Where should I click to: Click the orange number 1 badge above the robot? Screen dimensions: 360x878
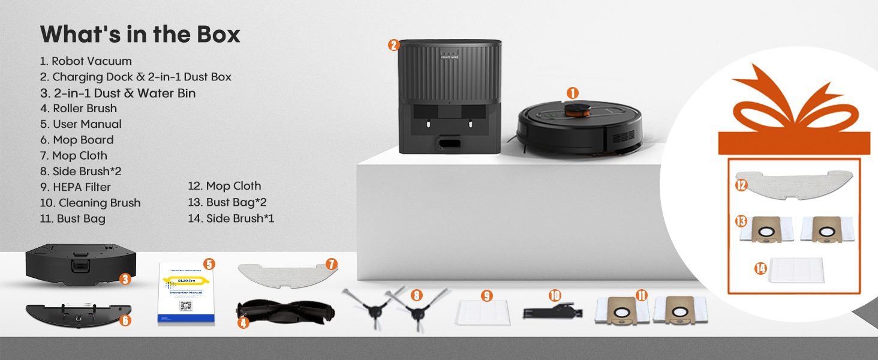[572, 93]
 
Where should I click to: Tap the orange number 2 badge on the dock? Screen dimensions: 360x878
[393, 44]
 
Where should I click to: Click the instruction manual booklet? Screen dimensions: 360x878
[186, 294]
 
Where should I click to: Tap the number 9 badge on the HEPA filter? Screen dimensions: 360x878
[486, 295]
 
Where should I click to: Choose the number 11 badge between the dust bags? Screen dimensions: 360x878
[642, 295]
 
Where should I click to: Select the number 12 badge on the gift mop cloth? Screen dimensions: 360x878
[741, 185]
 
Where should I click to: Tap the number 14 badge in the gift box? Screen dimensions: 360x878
[760, 268]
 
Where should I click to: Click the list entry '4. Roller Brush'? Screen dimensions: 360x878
[79, 109]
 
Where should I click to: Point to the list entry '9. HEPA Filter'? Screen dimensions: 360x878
[76, 187]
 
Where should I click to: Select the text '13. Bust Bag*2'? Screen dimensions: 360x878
[227, 202]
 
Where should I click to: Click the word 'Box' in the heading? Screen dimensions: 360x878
[218, 34]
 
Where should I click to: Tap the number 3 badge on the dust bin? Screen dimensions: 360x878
[125, 278]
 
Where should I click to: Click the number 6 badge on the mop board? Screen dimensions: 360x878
[125, 320]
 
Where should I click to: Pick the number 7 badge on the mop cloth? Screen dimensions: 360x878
[332, 264]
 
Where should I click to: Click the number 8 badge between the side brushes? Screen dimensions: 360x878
[417, 295]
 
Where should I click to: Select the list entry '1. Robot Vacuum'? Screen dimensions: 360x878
[86, 61]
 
